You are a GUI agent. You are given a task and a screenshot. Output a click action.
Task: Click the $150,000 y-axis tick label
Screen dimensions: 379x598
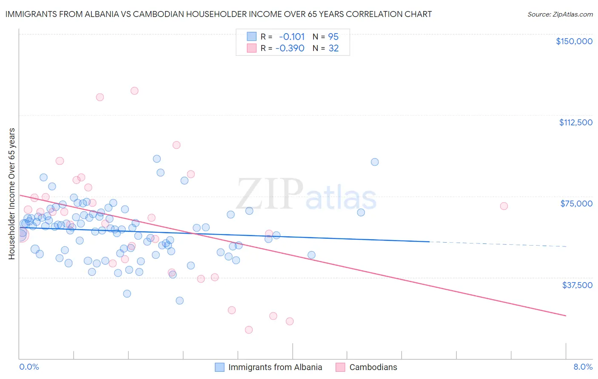click(x=574, y=41)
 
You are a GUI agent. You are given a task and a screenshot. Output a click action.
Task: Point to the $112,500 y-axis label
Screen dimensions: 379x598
click(x=575, y=122)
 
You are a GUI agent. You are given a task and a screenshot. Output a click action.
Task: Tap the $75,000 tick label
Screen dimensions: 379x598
click(x=576, y=204)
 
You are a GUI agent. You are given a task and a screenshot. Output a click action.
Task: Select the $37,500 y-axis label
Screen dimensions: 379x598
click(x=577, y=285)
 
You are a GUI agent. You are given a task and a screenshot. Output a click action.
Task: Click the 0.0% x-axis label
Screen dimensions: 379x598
click(x=29, y=367)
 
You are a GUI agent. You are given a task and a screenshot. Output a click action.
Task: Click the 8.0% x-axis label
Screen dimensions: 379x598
click(x=583, y=367)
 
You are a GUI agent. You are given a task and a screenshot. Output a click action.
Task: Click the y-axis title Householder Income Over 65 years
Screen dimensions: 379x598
click(x=12, y=193)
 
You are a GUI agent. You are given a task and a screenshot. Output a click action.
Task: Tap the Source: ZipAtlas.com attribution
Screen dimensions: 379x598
click(x=560, y=14)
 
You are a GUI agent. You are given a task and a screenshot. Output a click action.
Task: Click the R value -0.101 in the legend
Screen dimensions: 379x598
click(x=291, y=37)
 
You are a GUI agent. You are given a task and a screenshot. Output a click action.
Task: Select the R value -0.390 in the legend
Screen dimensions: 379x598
click(x=290, y=48)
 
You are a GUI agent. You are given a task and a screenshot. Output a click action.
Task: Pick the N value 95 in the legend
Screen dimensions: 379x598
click(x=333, y=37)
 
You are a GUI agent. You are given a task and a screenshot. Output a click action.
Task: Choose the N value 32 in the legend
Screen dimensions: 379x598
click(x=333, y=48)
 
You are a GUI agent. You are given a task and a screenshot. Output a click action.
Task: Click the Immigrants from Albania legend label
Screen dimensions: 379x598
click(x=275, y=367)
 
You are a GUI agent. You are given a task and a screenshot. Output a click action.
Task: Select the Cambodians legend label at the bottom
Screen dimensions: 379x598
click(x=373, y=367)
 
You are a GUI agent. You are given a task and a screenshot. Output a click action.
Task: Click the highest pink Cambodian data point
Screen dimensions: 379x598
click(x=134, y=91)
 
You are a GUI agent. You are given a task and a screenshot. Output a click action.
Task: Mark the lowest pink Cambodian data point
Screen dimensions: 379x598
click(x=249, y=330)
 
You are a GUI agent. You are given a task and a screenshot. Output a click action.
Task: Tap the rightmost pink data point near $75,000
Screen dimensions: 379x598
click(x=504, y=206)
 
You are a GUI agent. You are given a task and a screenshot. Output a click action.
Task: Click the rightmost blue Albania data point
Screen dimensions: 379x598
click(x=375, y=162)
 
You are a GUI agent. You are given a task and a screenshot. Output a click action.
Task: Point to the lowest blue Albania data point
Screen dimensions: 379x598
click(x=179, y=300)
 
